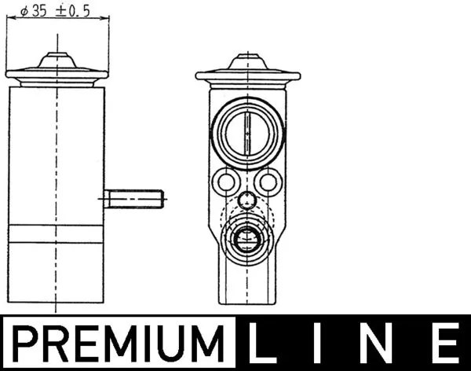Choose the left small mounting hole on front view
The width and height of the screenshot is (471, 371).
(x=226, y=183)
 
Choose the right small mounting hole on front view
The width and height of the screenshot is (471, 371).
(x=268, y=183)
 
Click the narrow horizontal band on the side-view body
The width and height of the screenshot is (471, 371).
(x=56, y=234)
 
